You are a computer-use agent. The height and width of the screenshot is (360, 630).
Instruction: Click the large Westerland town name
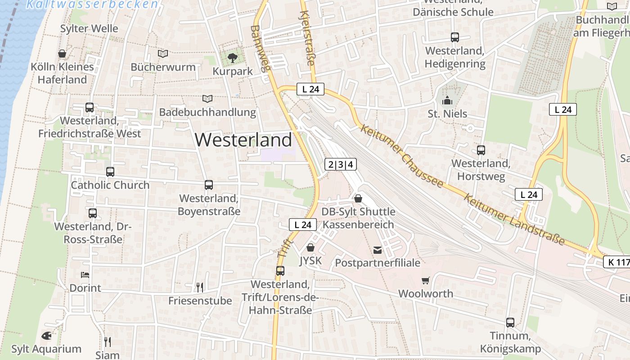[243, 140]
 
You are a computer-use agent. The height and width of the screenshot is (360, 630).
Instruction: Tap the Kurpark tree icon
[232, 58]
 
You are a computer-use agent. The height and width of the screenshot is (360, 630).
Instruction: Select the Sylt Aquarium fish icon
[46, 336]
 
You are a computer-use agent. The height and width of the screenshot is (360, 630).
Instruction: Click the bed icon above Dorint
[85, 274]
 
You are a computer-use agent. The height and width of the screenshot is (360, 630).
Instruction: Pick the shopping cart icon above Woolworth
[426, 280]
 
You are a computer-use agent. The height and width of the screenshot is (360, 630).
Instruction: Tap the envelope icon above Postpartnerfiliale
[378, 250]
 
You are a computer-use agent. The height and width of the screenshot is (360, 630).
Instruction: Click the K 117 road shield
[617, 262]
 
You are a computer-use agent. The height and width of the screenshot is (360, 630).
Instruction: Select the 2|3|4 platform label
[341, 164]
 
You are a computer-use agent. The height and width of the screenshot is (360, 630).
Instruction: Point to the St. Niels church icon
[447, 100]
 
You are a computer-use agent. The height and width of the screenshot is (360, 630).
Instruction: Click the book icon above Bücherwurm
[163, 54]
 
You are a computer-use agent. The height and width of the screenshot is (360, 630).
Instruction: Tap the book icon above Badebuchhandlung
[207, 99]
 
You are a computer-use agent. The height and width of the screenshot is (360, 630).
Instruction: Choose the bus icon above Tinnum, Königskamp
[510, 322]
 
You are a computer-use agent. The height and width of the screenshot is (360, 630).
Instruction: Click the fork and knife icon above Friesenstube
[200, 287]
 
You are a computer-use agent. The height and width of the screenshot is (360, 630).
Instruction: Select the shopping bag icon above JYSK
[310, 247]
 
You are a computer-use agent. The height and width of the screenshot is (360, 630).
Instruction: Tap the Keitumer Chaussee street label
[402, 156]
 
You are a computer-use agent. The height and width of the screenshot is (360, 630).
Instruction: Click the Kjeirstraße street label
[306, 38]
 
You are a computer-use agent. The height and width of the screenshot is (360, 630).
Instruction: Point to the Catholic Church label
[110, 185]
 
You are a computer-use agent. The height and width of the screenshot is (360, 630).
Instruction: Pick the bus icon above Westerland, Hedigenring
[455, 37]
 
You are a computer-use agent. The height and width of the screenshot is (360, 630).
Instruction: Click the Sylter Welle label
[89, 28]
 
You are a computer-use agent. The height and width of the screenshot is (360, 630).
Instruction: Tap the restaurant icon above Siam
[107, 342]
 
